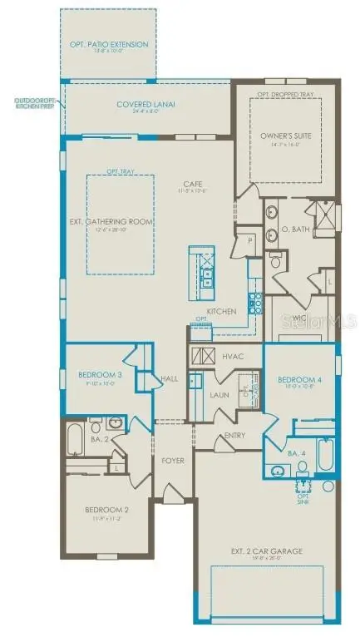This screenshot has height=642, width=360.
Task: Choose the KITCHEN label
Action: pos(222,312)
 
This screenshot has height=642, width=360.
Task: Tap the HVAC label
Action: pos(232,356)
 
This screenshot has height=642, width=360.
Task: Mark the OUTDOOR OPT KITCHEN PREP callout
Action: pos(33,105)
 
